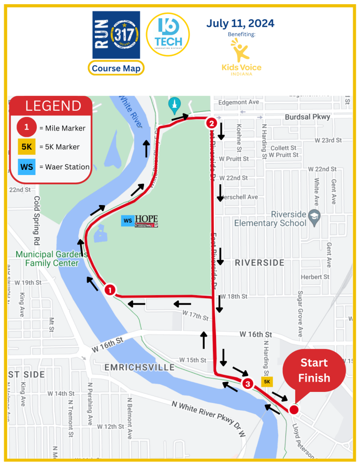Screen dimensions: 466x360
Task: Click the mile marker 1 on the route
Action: click(x=110, y=290)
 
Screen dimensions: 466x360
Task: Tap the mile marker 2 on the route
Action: click(x=211, y=123)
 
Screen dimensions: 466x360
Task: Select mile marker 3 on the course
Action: click(x=248, y=384)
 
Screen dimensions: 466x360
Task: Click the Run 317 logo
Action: click(x=116, y=35)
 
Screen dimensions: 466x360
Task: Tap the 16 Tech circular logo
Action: click(x=168, y=34)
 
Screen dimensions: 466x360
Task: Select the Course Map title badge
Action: click(x=116, y=68)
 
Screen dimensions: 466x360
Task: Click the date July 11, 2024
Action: click(x=240, y=23)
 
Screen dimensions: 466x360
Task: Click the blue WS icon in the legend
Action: click(x=27, y=167)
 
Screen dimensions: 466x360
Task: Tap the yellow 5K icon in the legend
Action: click(x=27, y=147)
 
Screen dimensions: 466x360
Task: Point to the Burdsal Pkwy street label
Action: click(x=308, y=117)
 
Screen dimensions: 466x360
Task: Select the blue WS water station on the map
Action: click(x=127, y=221)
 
